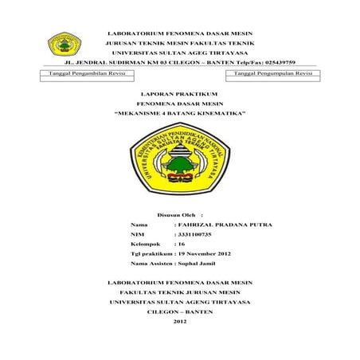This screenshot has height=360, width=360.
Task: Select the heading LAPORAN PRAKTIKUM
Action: coord(179,93)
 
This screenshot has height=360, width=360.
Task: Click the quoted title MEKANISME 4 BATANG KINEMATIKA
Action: coord(179,114)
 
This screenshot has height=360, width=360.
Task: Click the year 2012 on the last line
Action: coord(179,321)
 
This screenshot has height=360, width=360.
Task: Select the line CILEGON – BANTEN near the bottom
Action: coord(179,311)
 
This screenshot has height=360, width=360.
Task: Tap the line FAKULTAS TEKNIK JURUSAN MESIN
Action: coord(179,292)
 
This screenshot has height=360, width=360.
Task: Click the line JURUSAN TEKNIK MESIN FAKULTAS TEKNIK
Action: coord(179,42)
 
